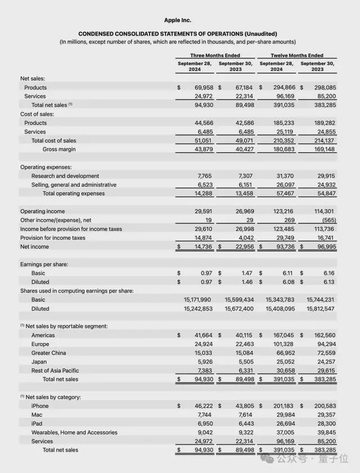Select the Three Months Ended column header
214,56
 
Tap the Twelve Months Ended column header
297,56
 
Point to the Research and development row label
65,176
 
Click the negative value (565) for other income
328,220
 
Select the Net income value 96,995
323,247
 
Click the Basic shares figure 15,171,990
198,300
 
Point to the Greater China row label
49,353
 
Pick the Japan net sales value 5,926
202,362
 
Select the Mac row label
37,415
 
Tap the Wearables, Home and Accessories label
74,433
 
